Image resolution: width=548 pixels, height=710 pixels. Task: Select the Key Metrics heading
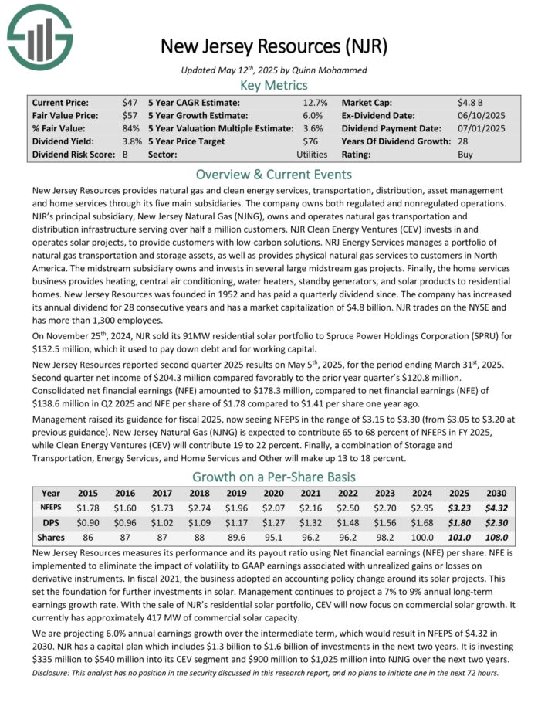pyautogui.click(x=274, y=85)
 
